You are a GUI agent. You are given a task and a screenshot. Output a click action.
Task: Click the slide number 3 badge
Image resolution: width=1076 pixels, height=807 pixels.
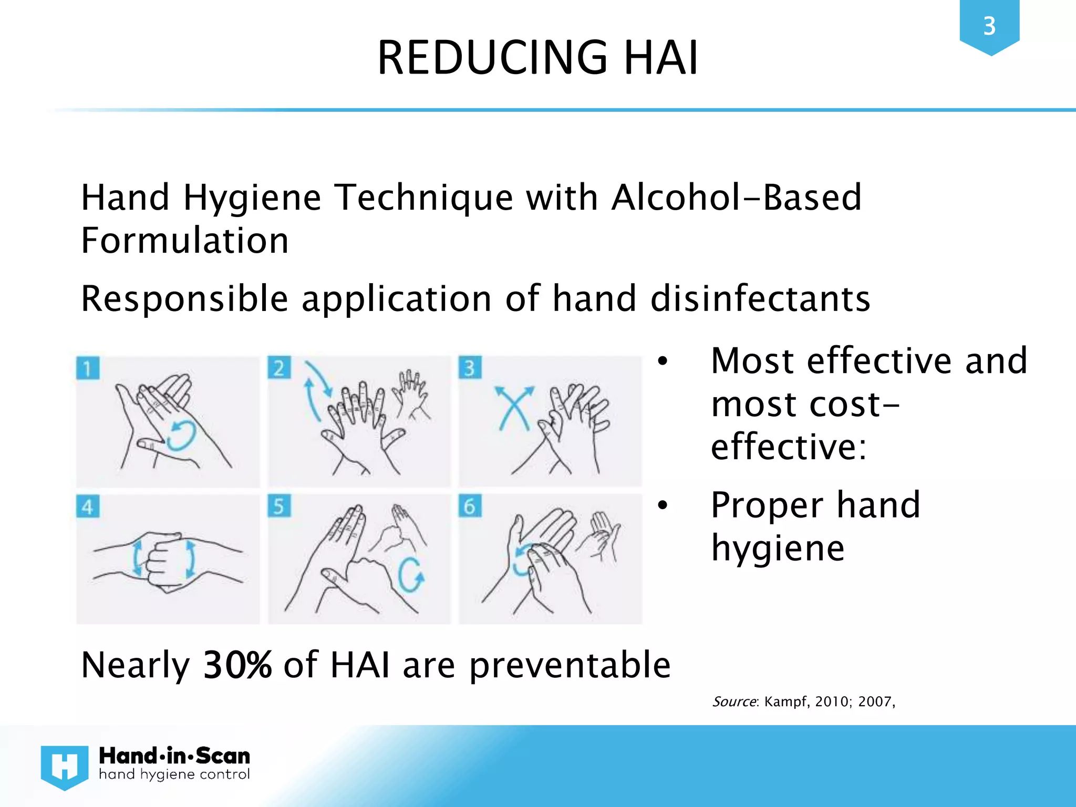pos(989,26)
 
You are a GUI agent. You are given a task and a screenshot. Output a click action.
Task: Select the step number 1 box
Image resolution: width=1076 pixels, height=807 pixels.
pos(88,368)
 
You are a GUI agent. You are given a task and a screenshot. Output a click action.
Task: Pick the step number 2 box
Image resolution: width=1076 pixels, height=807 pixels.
pos(279,368)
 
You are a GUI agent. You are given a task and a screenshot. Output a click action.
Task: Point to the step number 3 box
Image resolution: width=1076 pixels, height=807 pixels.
pos(470,368)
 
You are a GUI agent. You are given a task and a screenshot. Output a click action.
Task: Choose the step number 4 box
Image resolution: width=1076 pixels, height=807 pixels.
pos(88,506)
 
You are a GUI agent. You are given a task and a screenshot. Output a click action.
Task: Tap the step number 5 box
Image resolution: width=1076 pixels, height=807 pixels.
pos(279,506)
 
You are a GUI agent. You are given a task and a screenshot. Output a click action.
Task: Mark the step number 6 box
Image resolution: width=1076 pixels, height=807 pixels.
pos(470,506)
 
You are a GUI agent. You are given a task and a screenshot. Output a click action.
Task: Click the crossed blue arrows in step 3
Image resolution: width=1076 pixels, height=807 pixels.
pos(514,408)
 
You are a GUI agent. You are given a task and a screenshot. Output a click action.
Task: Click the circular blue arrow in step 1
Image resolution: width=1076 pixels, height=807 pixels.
pos(181,435)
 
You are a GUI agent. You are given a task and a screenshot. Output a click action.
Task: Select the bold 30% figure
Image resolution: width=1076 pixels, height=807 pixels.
pos(237,665)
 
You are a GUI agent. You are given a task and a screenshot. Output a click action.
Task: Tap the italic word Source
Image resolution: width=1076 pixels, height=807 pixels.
pos(734,702)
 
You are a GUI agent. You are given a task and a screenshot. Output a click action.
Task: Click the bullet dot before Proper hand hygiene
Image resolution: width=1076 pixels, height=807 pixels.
pos(663,505)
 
